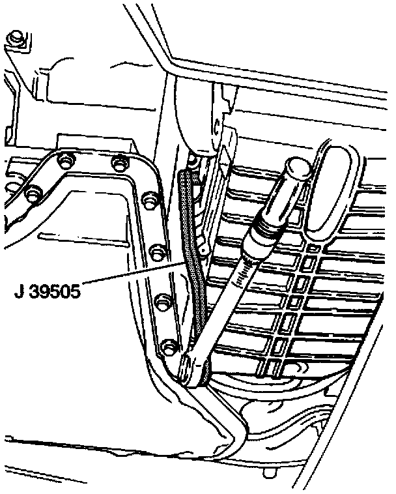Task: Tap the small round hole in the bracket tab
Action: (203, 248)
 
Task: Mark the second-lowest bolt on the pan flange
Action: (162, 300)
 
